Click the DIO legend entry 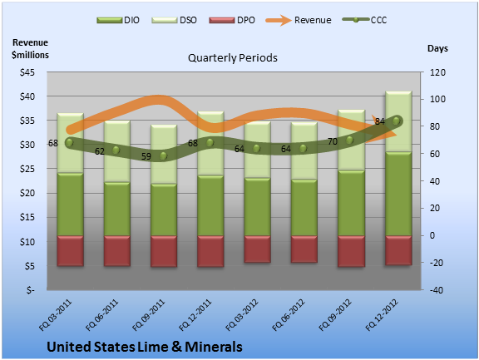coord(118,20)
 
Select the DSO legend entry coord(174,20)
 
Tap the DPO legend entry coord(232,20)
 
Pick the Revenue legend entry coord(299,20)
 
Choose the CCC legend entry coord(364,20)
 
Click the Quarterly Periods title coord(233,57)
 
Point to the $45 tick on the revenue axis coord(27,72)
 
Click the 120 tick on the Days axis coord(437,72)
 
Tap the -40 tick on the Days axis coord(437,290)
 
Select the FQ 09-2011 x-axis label coord(149,315)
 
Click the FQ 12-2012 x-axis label coord(382,315)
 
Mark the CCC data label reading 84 coord(380,121)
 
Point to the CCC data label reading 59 coord(146,156)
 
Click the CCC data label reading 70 coord(333,141)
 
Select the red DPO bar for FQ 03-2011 coord(70,251)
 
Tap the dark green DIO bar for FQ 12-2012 coord(398,194)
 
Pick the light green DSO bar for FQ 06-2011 coord(117,151)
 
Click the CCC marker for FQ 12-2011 coord(210,143)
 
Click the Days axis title coord(437,48)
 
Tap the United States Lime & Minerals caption coord(145,347)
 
